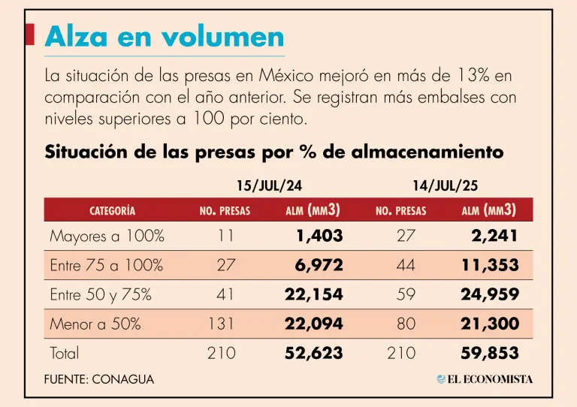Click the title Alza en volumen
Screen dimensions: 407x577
coord(165,37)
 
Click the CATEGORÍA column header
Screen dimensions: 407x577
coord(112,211)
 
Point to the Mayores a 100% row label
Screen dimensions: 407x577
coord(107,236)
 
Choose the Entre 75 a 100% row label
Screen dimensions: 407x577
coord(106,265)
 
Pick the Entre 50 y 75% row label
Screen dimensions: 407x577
coord(101,294)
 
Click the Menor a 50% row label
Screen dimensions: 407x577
coord(95,324)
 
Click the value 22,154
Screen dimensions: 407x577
coord(314,294)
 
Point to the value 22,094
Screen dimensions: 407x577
coord(314,324)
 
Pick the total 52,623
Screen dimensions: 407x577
coord(314,353)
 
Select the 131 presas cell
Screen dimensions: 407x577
coord(222,324)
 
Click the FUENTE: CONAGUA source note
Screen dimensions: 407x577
coord(99,379)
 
